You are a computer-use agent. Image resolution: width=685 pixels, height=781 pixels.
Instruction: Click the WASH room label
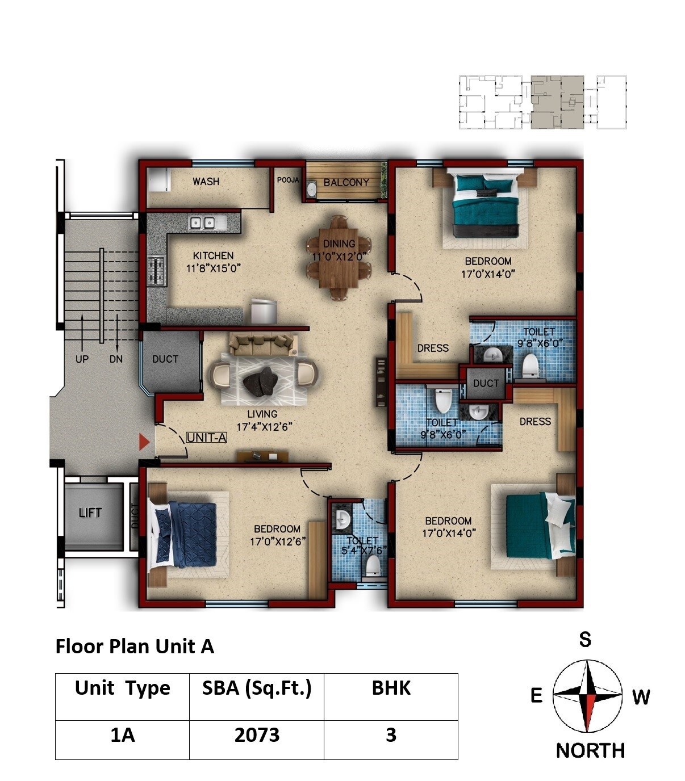click(206, 182)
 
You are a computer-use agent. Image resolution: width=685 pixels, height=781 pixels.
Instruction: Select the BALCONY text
click(346, 183)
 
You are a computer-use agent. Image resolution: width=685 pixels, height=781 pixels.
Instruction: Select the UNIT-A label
click(207, 438)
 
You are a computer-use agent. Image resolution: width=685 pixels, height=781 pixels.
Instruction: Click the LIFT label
click(90, 513)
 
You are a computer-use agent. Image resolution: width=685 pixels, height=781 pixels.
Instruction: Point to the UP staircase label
click(82, 359)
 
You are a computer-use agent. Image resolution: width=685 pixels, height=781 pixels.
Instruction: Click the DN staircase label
click(116, 359)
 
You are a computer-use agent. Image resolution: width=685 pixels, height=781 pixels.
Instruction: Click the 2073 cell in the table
click(257, 736)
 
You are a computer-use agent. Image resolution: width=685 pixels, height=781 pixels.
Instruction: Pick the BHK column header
click(391, 688)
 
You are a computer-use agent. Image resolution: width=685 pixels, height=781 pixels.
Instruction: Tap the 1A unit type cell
click(122, 736)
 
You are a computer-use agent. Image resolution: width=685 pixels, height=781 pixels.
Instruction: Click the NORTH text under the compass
click(590, 750)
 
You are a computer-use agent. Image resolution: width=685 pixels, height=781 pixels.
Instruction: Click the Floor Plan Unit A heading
click(135, 646)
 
